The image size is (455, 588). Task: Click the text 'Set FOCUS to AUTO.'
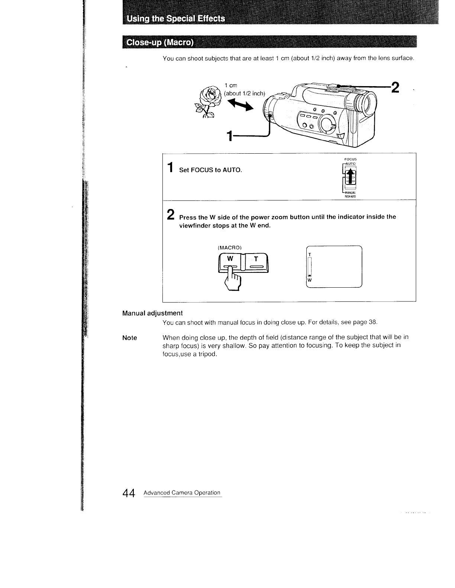pyautogui.click(x=210, y=170)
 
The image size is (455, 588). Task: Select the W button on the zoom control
pyautogui.click(x=230, y=258)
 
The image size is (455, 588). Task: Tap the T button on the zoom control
pyautogui.click(x=256, y=258)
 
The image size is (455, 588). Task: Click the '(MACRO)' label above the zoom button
pyautogui.click(x=229, y=248)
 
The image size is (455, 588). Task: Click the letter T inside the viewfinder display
pyautogui.click(x=310, y=254)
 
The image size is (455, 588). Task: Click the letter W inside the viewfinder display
pyautogui.click(x=309, y=280)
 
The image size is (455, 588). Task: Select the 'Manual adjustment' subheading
pyautogui.click(x=152, y=313)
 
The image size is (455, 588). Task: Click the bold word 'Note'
pyautogui.click(x=129, y=338)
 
